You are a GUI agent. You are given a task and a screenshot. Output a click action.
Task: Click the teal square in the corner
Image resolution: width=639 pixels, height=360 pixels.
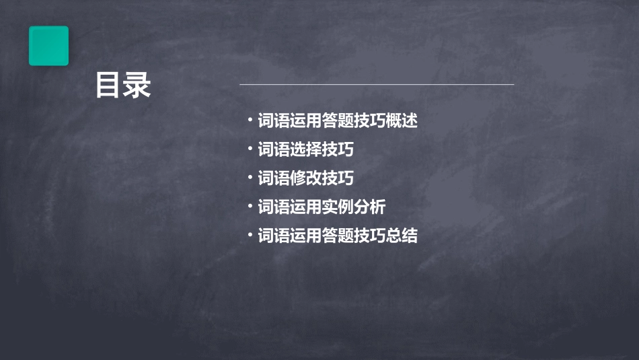48,46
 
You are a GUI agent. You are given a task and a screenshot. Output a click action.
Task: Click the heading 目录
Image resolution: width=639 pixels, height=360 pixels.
123,86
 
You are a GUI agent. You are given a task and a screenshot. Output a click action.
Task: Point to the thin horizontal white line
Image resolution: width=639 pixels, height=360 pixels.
377,85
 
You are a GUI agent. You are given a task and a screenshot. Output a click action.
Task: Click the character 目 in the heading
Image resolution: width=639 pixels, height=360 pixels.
108,86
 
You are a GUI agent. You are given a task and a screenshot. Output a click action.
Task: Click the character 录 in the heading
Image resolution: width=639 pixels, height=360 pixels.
138,86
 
